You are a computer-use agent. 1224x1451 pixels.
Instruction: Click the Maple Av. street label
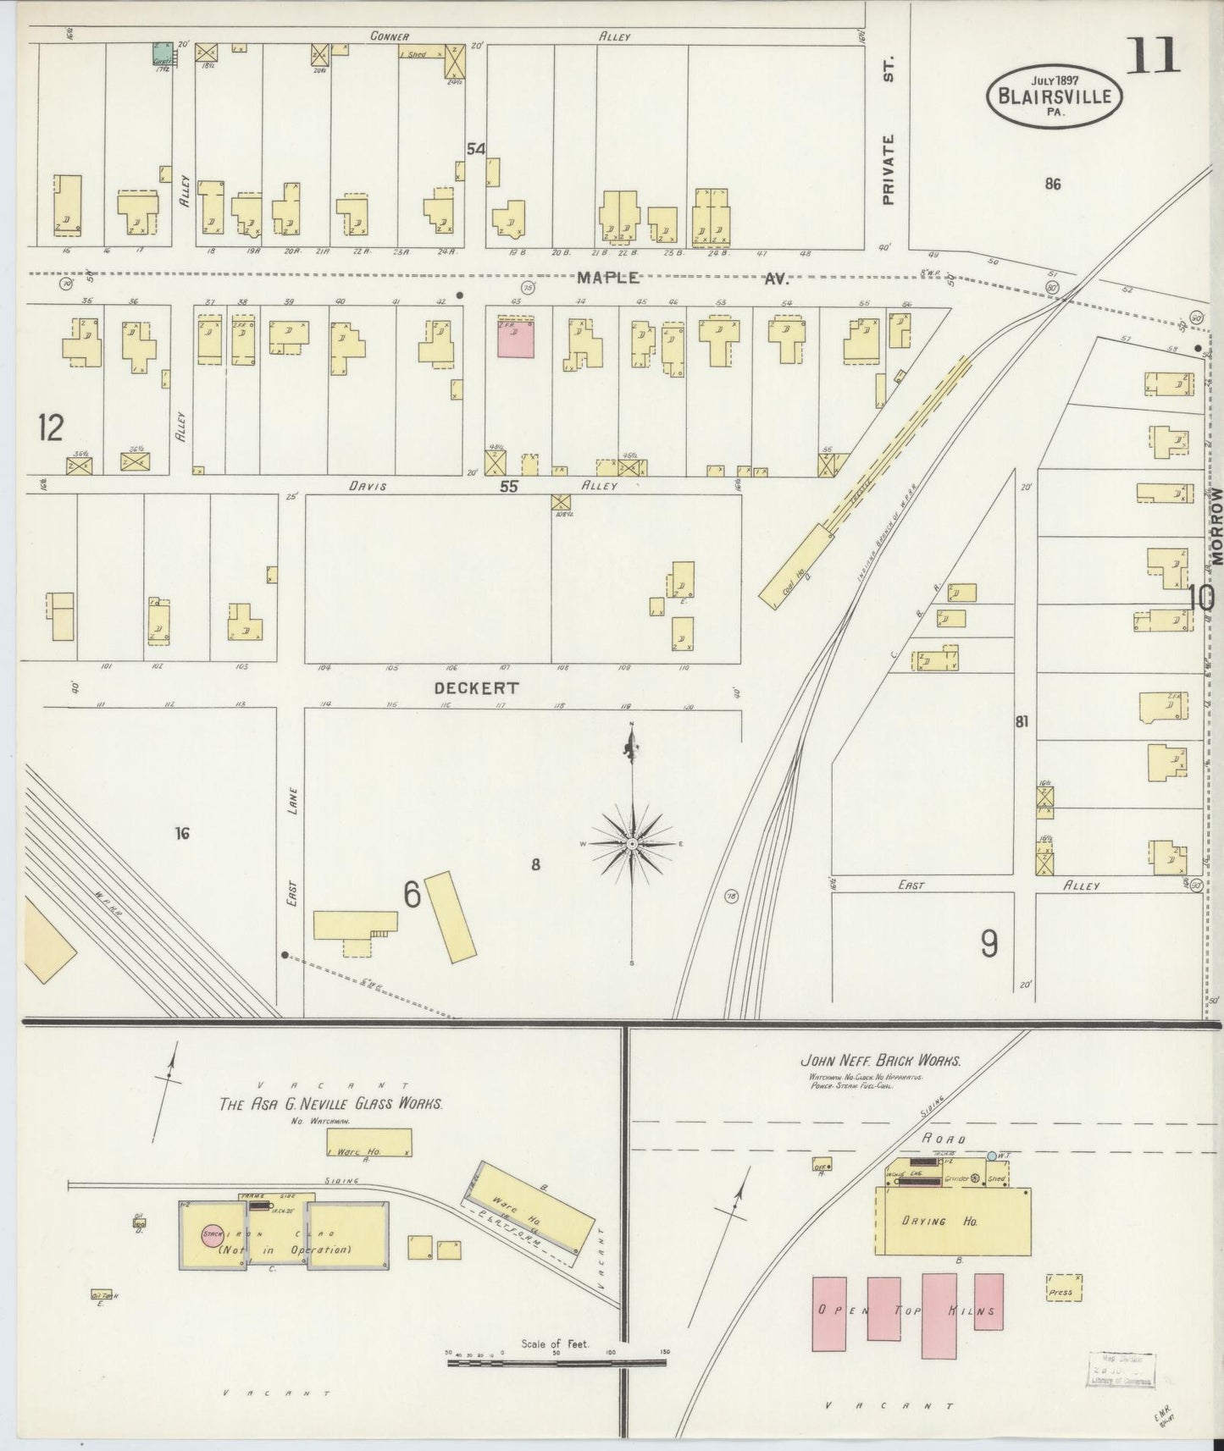pyautogui.click(x=682, y=278)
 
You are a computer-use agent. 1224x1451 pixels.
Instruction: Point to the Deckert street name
pyautogui.click(x=475, y=688)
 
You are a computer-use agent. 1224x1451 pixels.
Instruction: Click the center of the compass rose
pyautogui.click(x=632, y=844)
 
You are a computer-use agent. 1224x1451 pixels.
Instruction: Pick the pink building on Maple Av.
pyautogui.click(x=516, y=338)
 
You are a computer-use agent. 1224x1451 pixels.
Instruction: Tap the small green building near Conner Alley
pyautogui.click(x=160, y=52)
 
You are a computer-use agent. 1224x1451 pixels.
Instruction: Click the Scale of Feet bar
pyautogui.click(x=557, y=1362)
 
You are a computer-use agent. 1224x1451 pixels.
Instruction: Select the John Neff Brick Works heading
pyautogui.click(x=881, y=1060)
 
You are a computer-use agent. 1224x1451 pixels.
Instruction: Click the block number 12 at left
pyautogui.click(x=50, y=428)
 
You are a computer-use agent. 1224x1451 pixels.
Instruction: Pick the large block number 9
pyautogui.click(x=989, y=943)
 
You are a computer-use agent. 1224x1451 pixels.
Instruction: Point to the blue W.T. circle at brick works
pyautogui.click(x=992, y=1156)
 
